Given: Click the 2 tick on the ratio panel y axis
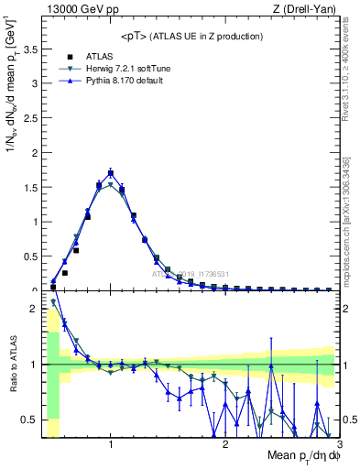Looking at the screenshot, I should coord(35,309).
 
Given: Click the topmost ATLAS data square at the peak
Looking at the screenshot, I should coord(111,172).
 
